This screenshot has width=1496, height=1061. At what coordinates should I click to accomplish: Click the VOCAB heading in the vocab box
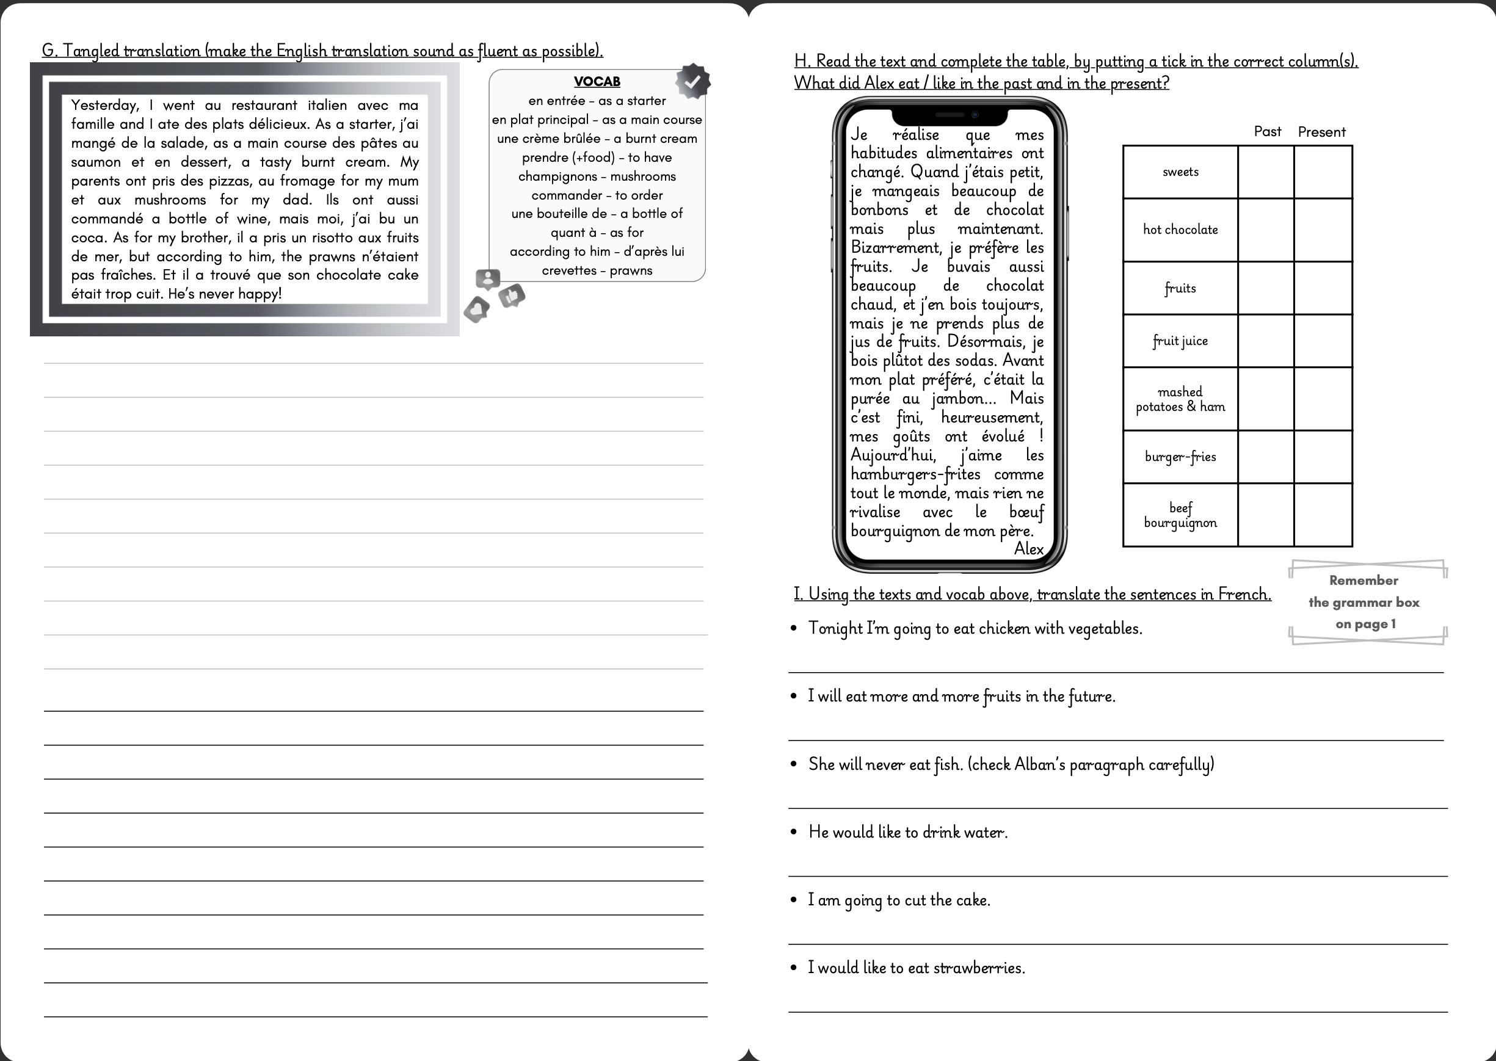(597, 82)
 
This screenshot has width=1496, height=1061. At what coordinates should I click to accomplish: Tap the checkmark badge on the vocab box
(692, 81)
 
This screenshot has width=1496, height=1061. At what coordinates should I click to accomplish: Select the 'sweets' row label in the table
(1180, 172)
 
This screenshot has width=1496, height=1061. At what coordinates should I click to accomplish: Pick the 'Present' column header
(1321, 132)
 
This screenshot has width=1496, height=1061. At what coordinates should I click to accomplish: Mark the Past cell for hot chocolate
(1265, 230)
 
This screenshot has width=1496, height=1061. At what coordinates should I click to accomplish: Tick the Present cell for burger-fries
(1323, 457)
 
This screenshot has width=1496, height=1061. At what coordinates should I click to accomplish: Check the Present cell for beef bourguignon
(1323, 515)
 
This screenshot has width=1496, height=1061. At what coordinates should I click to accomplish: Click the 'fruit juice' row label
(1180, 341)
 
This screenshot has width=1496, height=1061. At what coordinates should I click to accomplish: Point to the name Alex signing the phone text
(1028, 549)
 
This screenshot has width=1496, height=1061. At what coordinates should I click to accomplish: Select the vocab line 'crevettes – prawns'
(597, 270)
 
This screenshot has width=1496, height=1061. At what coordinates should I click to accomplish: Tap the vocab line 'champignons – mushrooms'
(597, 176)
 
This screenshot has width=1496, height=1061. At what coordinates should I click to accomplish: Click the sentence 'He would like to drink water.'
(907, 831)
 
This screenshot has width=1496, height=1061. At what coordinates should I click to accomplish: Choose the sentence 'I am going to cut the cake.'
(899, 900)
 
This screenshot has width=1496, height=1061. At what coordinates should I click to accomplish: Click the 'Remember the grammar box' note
(1363, 602)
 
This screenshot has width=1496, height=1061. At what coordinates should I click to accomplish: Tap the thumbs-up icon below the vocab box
(512, 296)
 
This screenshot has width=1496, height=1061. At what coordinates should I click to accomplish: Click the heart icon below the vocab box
(477, 309)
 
